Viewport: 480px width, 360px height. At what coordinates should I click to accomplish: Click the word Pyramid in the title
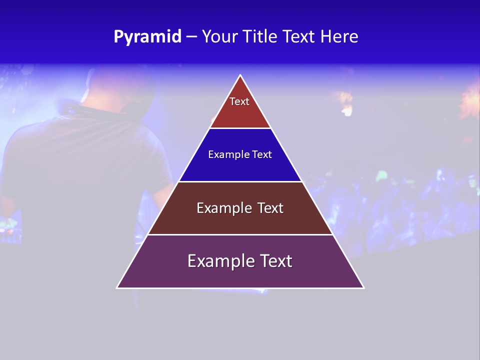tap(147, 37)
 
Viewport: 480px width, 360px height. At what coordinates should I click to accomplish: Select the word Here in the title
tap(339, 37)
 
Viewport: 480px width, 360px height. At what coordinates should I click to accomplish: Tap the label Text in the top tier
tap(239, 101)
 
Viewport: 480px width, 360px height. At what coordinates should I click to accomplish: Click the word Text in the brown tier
tap(269, 208)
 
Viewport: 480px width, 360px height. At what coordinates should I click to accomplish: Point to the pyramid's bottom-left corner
tap(117, 287)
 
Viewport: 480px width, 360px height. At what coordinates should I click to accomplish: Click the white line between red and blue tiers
tap(240, 128)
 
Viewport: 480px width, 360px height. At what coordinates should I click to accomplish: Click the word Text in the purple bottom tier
tap(275, 261)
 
